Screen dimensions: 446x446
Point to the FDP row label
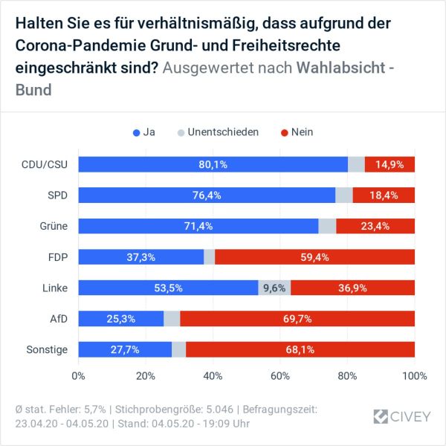point(58,256)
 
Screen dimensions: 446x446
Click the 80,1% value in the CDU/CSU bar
point(213,164)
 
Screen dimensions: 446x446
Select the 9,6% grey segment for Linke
point(274,288)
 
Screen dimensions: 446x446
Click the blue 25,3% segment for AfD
point(120,319)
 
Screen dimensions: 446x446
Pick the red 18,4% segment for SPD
point(384,195)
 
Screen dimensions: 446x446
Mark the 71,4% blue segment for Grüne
point(198,226)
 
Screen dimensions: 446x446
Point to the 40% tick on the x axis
point(213,375)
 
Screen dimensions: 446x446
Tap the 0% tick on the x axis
point(78,375)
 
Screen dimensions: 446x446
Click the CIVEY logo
point(402,416)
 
